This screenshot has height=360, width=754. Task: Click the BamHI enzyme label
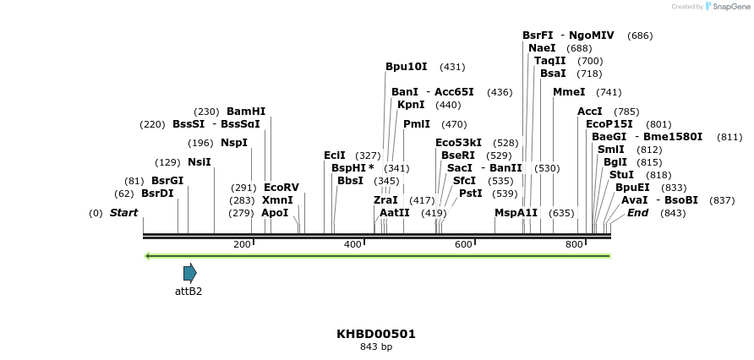pyautogui.click(x=245, y=112)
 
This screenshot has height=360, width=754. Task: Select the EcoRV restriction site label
pyautogui.click(x=281, y=188)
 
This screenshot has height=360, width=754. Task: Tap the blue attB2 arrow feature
pyautogui.click(x=189, y=272)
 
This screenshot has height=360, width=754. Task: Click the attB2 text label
pyautogui.click(x=188, y=292)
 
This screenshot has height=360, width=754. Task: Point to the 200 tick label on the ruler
pyautogui.click(x=242, y=244)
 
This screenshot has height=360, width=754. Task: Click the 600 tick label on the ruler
pyautogui.click(x=463, y=244)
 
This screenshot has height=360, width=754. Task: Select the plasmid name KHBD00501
pyautogui.click(x=376, y=334)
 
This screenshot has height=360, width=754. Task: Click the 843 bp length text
pyautogui.click(x=376, y=346)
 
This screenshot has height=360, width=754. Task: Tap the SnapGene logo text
pyautogui.click(x=730, y=7)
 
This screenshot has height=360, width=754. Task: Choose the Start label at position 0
pyautogui.click(x=123, y=213)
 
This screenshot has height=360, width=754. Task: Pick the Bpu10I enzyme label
pyautogui.click(x=406, y=67)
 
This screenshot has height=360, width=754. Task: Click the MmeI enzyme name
pyautogui.click(x=569, y=92)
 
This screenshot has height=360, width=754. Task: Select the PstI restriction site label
pyautogui.click(x=470, y=194)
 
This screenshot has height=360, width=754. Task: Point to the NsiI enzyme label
pyautogui.click(x=199, y=162)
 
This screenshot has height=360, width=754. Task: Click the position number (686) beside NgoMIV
pyautogui.click(x=640, y=35)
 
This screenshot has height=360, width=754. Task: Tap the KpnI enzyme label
pyautogui.click(x=411, y=105)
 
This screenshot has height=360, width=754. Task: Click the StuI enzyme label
pyautogui.click(x=621, y=175)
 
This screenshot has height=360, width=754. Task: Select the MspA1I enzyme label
pyautogui.click(x=516, y=213)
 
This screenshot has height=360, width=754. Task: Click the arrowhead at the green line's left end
pyautogui.click(x=147, y=255)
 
